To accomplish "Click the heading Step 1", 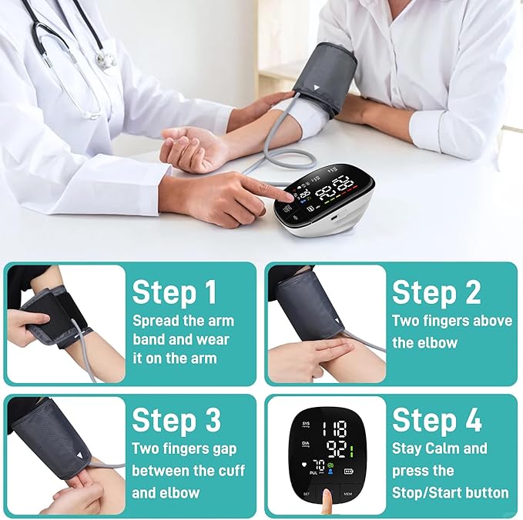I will (174, 292).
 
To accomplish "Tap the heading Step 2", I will (436, 292).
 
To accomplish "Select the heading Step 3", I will (176, 420).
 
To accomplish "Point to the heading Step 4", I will (437, 420).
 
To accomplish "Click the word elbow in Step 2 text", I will (437, 343).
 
